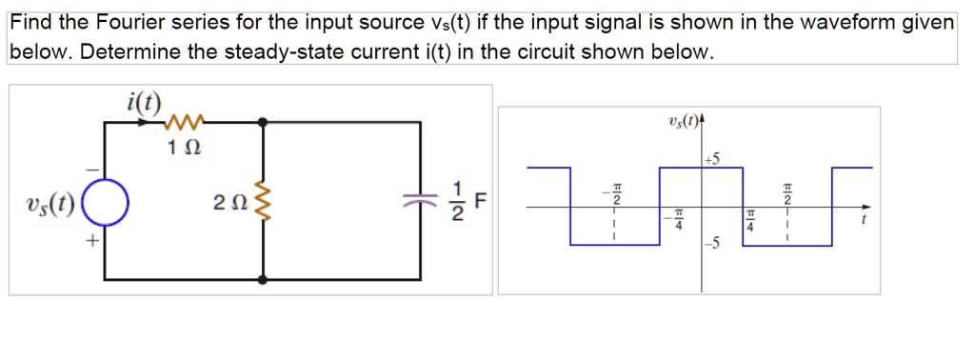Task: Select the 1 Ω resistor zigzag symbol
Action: click(x=182, y=122)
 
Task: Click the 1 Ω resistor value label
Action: click(x=184, y=149)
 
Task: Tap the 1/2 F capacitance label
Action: click(x=467, y=203)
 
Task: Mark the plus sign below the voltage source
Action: click(x=91, y=244)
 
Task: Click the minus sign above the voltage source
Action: click(x=91, y=170)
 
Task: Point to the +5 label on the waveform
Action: click(x=714, y=159)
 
